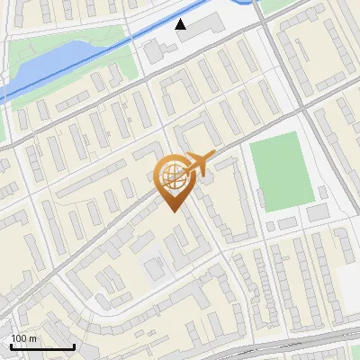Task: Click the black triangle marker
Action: tap(181, 24)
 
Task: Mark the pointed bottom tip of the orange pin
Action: tap(171, 211)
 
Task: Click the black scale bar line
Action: tap(42, 346)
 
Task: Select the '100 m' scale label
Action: tap(24, 338)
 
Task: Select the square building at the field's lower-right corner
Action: tap(318, 211)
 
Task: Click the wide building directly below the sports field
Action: tap(287, 222)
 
